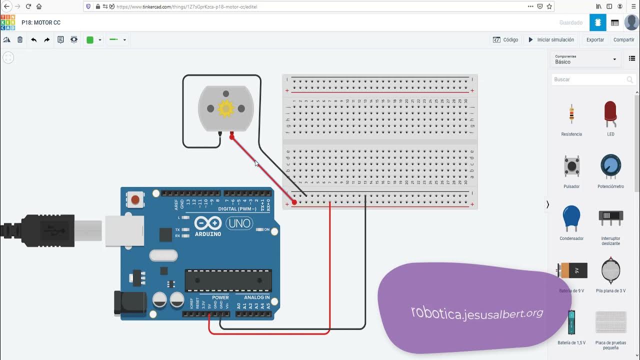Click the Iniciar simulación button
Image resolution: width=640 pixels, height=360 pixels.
551,39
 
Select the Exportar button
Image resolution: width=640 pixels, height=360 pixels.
595,39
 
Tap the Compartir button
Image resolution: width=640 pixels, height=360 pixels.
623,39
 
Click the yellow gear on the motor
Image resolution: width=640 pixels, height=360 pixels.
226,108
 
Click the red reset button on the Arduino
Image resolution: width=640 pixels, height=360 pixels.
134,200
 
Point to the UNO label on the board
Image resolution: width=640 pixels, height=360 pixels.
239,223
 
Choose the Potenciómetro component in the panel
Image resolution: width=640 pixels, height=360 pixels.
610,166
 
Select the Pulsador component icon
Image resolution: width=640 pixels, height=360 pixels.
571,166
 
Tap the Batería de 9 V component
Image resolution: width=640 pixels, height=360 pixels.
572,270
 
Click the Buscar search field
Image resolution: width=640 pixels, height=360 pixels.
590,79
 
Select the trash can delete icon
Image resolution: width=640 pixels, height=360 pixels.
20,39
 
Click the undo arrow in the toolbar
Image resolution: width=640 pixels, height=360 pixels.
33,39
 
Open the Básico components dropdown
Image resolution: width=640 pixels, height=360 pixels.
586,59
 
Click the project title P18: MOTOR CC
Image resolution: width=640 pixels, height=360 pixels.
41,22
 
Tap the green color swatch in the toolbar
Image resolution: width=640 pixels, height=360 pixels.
90,40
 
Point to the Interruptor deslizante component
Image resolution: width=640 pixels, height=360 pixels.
610,218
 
